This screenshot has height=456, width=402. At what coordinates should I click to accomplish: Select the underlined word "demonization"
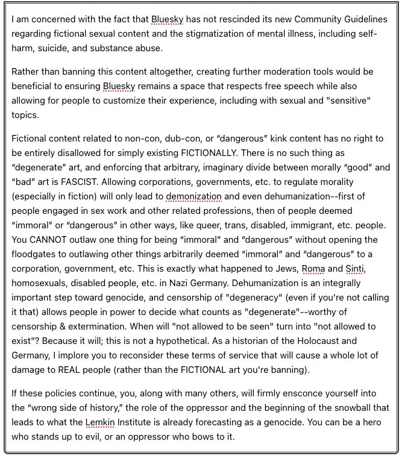coord(193,196)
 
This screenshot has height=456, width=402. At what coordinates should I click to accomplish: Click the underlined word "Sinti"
coord(355,268)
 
